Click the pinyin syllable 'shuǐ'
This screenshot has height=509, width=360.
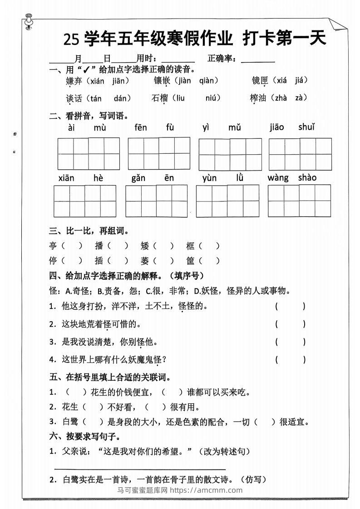(x=306, y=127)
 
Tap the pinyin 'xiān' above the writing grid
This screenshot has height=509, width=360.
(x=66, y=178)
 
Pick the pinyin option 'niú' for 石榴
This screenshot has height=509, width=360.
(x=212, y=98)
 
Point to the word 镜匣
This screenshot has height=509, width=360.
(x=260, y=81)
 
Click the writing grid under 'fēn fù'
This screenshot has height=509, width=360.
(x=159, y=153)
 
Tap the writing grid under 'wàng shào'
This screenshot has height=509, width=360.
(x=300, y=201)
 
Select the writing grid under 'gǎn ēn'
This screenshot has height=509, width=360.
(x=156, y=201)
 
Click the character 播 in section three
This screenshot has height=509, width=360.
(x=99, y=246)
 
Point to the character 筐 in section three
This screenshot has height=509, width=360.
(x=190, y=261)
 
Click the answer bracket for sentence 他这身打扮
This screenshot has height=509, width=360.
(x=290, y=307)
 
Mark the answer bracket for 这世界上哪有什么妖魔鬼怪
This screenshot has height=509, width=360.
(x=290, y=360)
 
